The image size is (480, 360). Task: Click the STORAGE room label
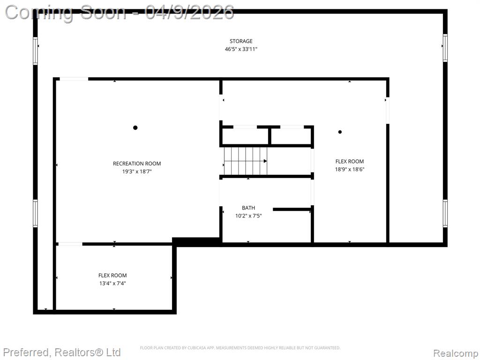click(x=241, y=41)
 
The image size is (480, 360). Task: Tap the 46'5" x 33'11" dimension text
click(x=241, y=49)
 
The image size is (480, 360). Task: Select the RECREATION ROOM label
click(x=137, y=164)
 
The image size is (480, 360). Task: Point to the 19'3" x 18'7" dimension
click(x=137, y=172)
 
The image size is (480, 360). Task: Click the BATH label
click(x=248, y=208)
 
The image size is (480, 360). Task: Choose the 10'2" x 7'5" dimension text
click(x=248, y=216)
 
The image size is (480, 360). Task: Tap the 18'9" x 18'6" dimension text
click(x=350, y=169)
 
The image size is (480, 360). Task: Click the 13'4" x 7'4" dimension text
click(x=112, y=284)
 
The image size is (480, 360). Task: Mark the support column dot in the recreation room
click(x=135, y=127)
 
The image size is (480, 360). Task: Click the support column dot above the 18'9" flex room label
click(x=340, y=132)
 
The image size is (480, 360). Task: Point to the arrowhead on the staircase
click(x=265, y=161)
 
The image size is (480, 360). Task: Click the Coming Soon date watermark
click(x=120, y=13)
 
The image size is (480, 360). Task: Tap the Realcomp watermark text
click(x=456, y=353)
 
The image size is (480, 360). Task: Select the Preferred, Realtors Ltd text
click(x=62, y=352)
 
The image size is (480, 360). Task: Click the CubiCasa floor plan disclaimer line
click(x=240, y=348)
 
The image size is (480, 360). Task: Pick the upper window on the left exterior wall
click(x=35, y=51)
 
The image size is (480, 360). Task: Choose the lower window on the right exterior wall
click(x=445, y=213)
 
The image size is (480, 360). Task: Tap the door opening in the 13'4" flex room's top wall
click(x=70, y=244)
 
